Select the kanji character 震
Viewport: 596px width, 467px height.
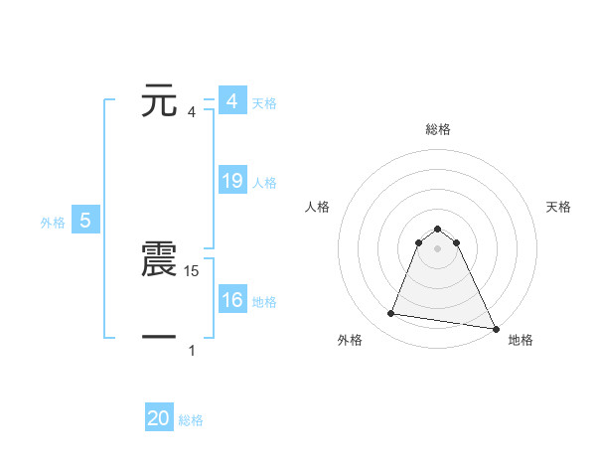(160, 260)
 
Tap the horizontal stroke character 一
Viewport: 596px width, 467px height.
(160, 338)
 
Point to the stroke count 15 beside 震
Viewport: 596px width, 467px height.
(194, 270)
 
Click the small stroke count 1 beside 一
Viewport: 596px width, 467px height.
(192, 350)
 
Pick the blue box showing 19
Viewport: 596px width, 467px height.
(232, 181)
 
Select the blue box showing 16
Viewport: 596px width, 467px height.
(232, 300)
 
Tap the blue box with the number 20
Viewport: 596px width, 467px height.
(159, 418)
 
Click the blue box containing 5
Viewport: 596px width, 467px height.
(85, 221)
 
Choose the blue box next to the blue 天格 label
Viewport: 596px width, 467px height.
(232, 101)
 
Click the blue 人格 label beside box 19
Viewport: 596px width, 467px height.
(264, 183)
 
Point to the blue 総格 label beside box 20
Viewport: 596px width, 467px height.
(191, 420)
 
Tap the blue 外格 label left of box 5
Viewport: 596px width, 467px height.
(53, 223)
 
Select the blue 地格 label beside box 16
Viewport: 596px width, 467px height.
(264, 302)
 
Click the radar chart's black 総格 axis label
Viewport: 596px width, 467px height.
(437, 129)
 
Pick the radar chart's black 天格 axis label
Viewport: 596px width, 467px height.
(559, 207)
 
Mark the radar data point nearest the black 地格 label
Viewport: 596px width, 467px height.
(495, 328)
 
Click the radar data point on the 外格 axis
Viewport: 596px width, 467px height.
(391, 314)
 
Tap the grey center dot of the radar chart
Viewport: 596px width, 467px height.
(437, 248)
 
